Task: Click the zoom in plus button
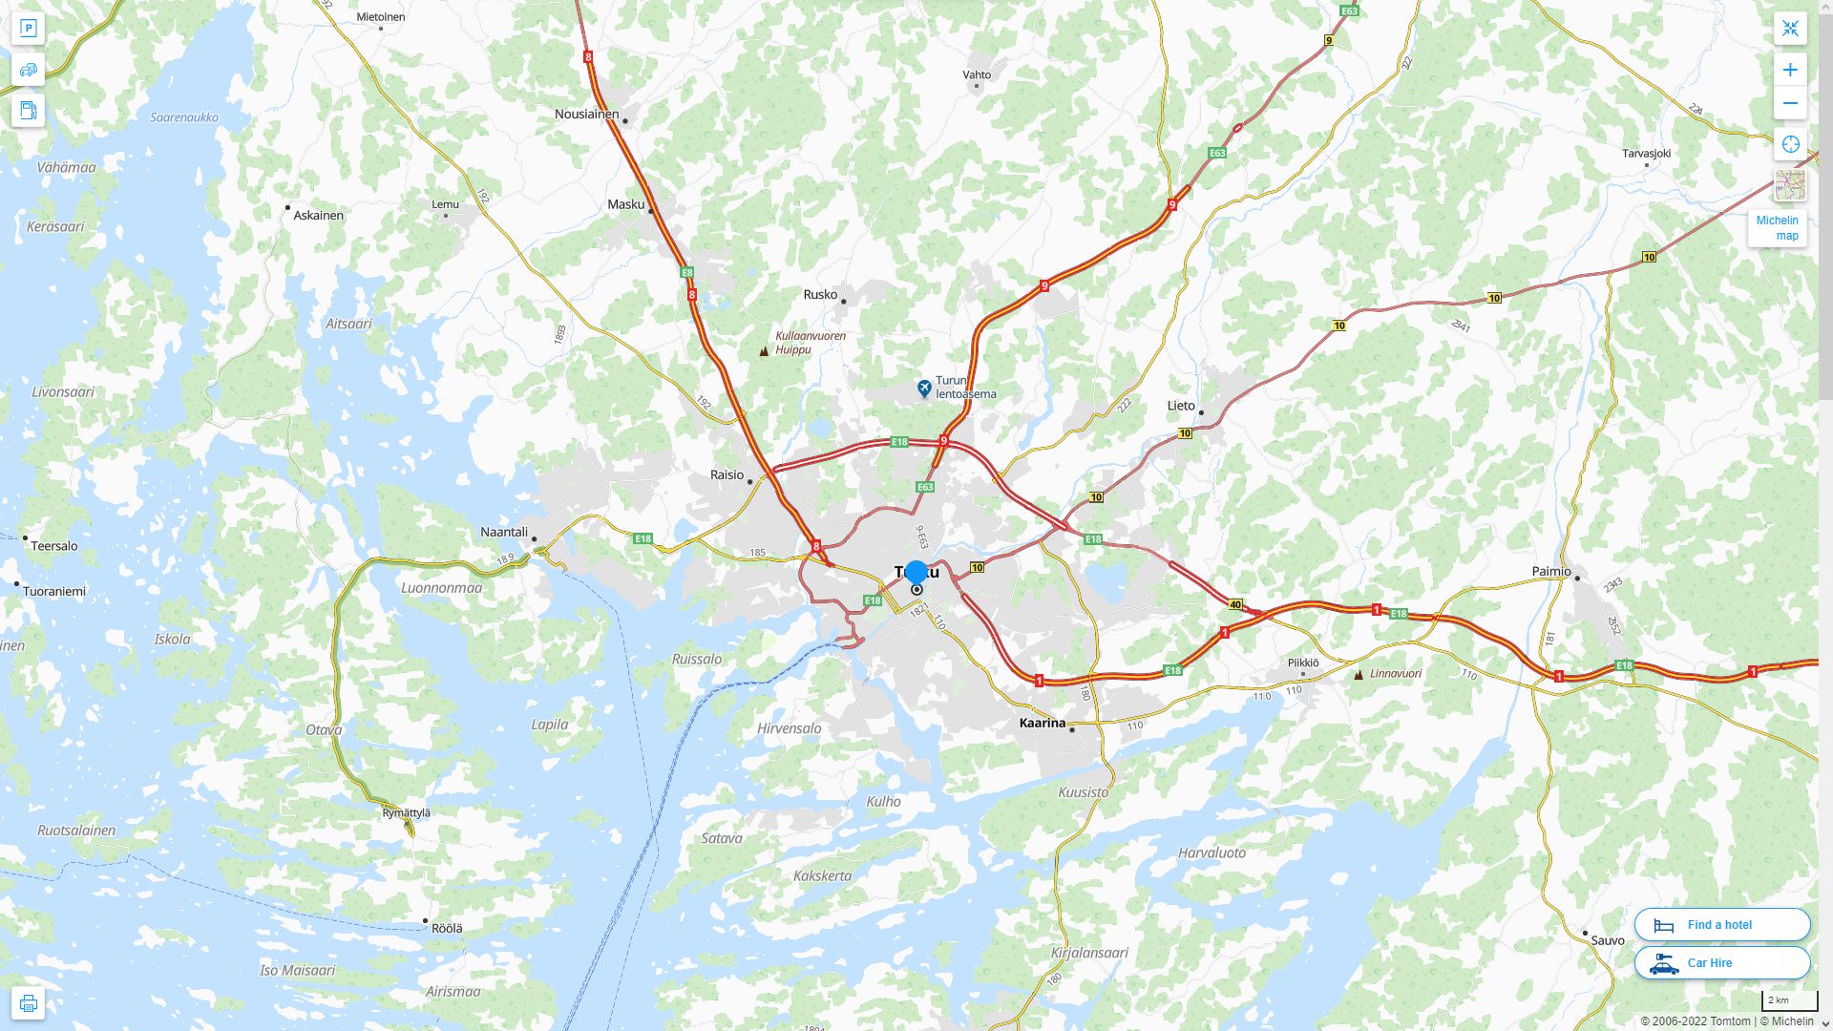tap(1790, 70)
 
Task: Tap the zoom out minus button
tap(1790, 103)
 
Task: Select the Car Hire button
tap(1721, 962)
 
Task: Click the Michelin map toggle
tap(1777, 228)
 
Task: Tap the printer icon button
tap(28, 1003)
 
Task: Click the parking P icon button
tap(28, 29)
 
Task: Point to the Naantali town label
tap(504, 532)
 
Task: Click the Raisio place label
tap(727, 475)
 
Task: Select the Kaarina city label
tap(1042, 723)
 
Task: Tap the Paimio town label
tap(1550, 572)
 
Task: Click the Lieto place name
tap(1181, 406)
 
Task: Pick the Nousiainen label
tap(586, 115)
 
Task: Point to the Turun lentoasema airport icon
tap(924, 389)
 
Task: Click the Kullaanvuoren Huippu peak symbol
tap(764, 351)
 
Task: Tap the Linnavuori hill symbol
tap(1359, 675)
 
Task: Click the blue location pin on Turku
tap(916, 573)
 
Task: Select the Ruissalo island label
tap(697, 660)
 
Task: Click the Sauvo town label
tap(1607, 940)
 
